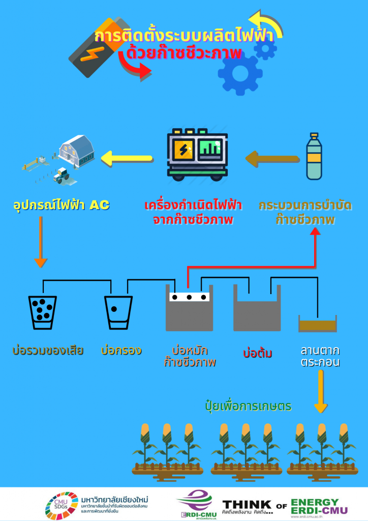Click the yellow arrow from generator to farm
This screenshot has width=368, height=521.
(127, 158)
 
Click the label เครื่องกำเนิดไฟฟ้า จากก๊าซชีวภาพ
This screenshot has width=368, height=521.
(193, 213)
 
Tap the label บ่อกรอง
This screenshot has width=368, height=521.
(121, 351)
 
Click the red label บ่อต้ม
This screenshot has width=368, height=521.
(258, 353)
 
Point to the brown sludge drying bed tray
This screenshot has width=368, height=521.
(318, 324)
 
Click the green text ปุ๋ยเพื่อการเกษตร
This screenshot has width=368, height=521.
(248, 407)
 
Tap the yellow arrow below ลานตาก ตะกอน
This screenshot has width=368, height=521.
(321, 391)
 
